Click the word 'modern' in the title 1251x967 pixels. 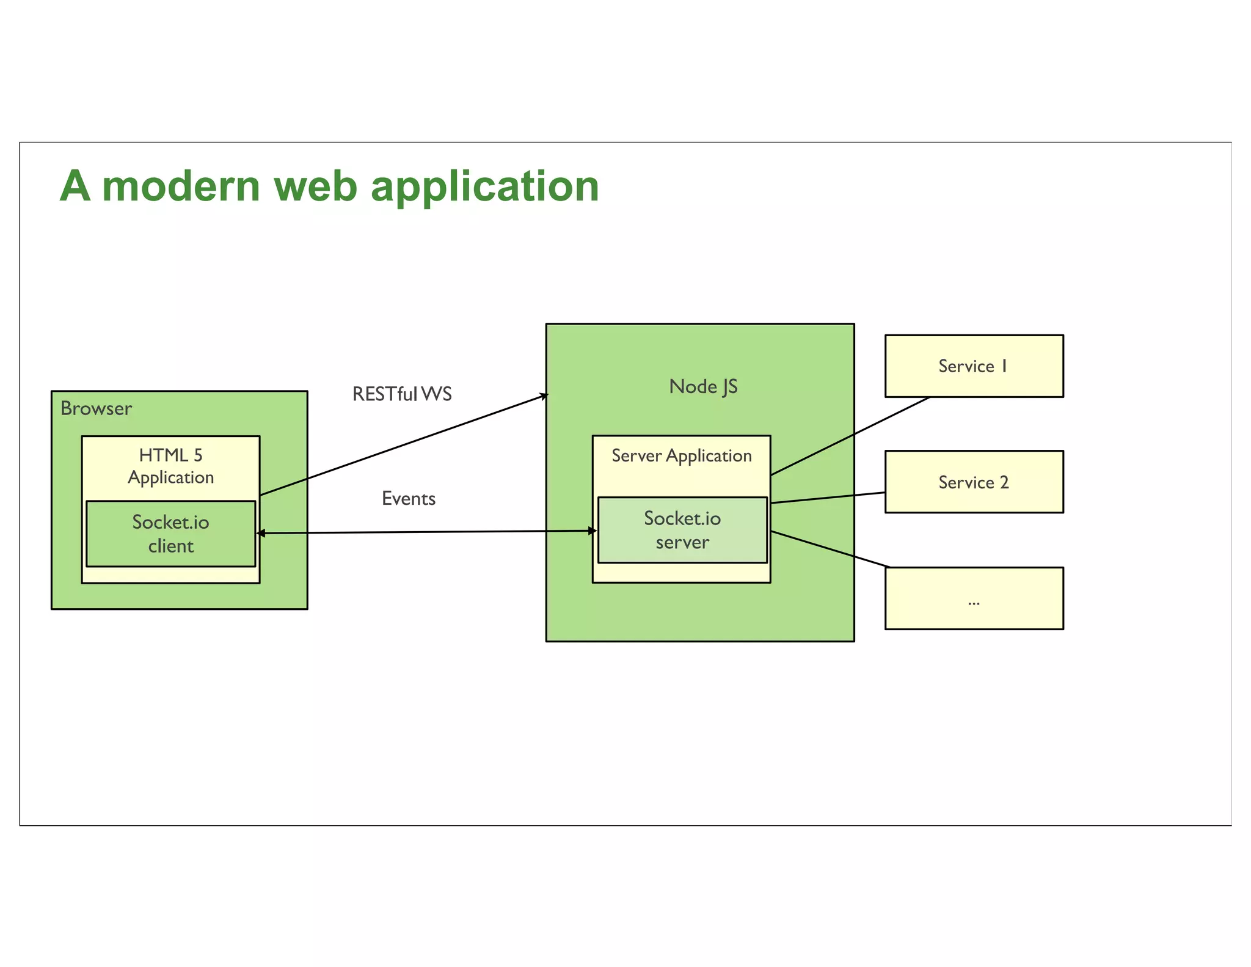point(181,186)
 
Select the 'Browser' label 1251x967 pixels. point(96,408)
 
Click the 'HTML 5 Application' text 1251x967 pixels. point(170,466)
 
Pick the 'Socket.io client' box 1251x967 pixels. point(170,534)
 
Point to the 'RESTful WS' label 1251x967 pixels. point(402,394)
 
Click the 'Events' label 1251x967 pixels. point(408,499)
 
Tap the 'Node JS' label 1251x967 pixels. point(703,386)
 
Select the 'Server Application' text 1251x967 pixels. point(681,456)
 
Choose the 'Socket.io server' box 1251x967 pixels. point(682,530)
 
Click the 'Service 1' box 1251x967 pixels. point(974,366)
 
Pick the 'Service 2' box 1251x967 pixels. point(974,482)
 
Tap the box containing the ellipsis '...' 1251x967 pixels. point(974,598)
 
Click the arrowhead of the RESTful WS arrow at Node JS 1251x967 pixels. point(544,396)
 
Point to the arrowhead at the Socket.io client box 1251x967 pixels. point(261,534)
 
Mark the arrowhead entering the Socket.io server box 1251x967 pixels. point(592,531)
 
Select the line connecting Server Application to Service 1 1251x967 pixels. point(850,436)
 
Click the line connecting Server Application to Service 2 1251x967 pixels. point(828,498)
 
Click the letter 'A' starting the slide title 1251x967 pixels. point(75,186)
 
